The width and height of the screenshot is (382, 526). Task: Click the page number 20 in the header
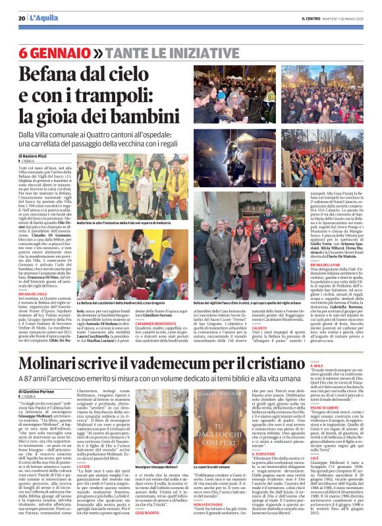[x=22, y=18]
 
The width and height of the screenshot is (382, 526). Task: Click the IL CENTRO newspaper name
[x=312, y=18]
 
